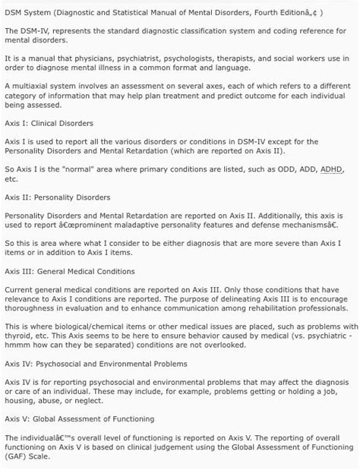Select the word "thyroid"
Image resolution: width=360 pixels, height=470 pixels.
pos(18,333)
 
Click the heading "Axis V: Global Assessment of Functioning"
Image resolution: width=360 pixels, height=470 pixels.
pos(79,418)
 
